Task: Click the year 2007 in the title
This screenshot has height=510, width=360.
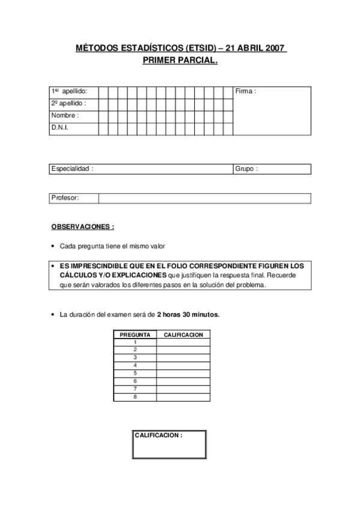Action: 273,49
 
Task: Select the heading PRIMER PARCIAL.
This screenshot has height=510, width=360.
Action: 180,61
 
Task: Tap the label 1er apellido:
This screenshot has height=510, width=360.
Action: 69,91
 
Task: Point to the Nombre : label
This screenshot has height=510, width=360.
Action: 65,115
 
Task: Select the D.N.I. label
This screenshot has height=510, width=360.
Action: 59,128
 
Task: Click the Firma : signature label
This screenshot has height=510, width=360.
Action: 246,91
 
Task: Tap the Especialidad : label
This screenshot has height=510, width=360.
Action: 72,169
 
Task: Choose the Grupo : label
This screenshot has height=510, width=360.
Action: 246,169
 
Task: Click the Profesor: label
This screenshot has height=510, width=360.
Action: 66,198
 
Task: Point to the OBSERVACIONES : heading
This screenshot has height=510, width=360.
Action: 82,227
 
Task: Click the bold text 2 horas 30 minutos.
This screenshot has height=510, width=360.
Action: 188,314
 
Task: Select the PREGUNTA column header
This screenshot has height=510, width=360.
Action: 135,334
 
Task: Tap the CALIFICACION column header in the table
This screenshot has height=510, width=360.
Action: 183,334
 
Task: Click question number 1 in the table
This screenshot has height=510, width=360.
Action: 135,342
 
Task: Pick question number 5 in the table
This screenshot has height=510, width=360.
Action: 135,373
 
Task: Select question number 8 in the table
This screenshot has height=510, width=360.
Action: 135,396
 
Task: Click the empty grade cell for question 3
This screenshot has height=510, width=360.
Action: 183,357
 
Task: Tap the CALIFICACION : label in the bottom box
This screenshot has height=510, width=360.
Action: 158,435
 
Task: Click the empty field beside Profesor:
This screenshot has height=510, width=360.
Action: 204,198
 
